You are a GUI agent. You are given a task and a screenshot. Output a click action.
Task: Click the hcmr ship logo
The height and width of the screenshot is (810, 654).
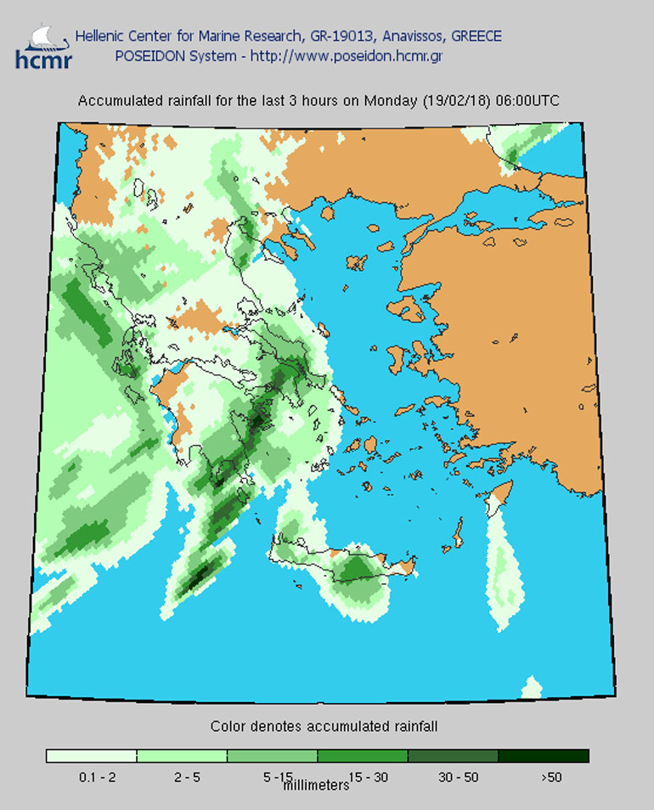pos(43,46)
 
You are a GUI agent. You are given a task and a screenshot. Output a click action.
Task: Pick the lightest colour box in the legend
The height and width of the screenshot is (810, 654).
pos(92,756)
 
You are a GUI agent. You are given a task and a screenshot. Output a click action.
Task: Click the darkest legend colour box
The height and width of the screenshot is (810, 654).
pos(543,756)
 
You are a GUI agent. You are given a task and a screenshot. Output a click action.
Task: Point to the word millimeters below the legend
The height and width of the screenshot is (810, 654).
pos(316,786)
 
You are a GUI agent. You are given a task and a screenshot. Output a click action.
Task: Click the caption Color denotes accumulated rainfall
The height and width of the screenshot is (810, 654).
pos(324,727)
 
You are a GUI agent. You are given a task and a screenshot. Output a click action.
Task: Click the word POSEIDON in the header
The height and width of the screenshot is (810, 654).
pos(148,56)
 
